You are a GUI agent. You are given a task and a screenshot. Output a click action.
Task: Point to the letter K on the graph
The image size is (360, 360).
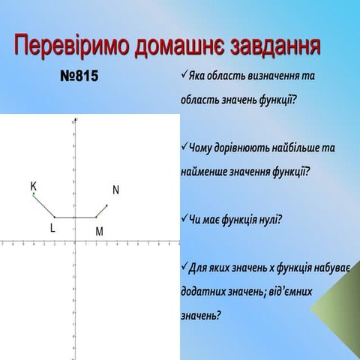33,185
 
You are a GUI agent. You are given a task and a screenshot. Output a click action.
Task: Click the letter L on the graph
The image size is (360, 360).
52,228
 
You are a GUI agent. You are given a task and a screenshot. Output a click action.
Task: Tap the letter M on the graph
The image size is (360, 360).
99,232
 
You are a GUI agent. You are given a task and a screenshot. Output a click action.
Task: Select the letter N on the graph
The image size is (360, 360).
116,190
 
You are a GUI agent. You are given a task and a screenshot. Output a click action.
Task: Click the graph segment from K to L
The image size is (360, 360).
44,205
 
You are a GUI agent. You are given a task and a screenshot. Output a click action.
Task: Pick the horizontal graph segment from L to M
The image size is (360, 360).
75,217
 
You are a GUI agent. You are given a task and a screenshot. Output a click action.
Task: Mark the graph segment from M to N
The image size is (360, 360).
102,211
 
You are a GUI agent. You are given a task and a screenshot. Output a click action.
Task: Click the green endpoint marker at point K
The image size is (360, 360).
34,193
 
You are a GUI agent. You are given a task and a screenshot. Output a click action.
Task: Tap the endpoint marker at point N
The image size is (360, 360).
107,204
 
